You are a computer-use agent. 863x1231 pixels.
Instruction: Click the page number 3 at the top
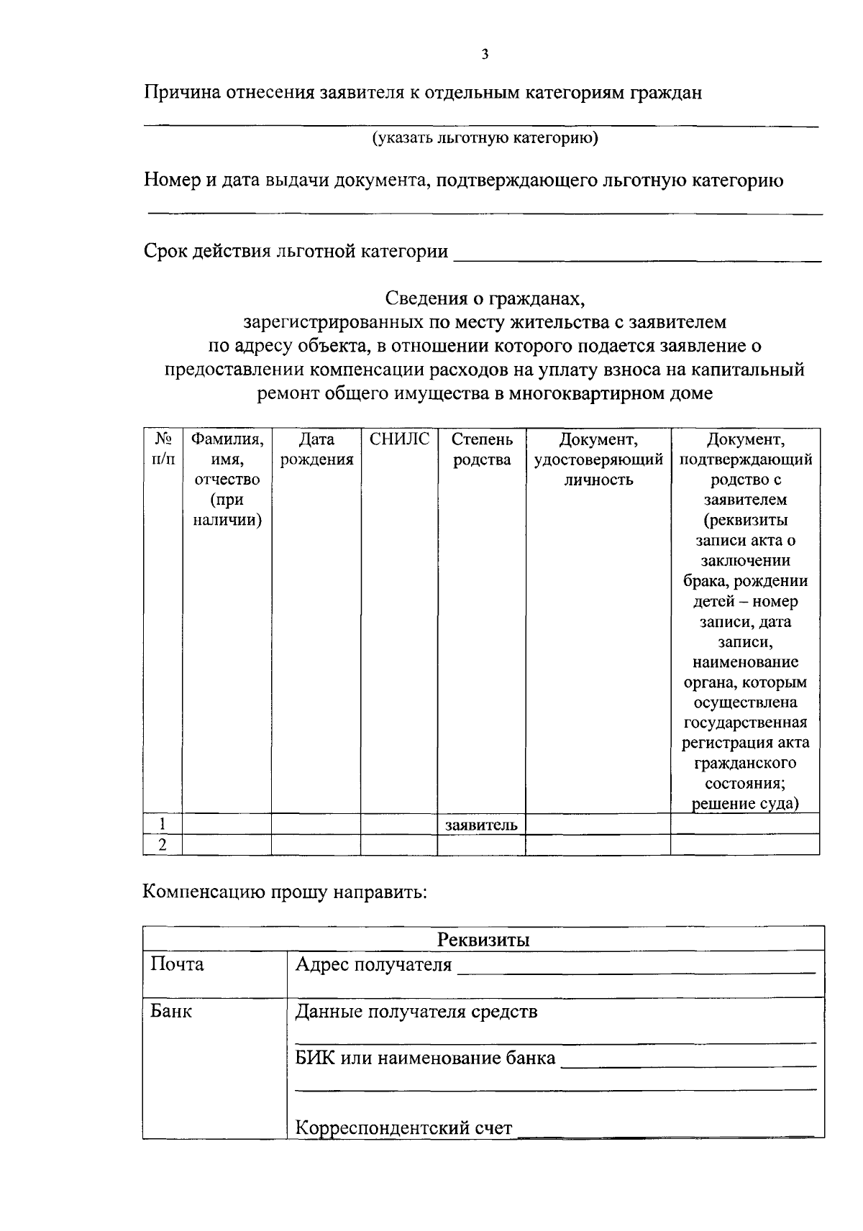pyautogui.click(x=485, y=54)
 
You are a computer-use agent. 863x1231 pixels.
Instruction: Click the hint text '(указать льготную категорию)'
pyautogui.click(x=485, y=138)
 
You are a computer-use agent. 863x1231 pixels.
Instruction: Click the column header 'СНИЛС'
pyautogui.click(x=399, y=439)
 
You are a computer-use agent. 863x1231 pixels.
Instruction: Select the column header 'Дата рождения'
pyautogui.click(x=316, y=449)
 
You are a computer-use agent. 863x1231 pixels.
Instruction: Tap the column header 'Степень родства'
pyautogui.click(x=482, y=449)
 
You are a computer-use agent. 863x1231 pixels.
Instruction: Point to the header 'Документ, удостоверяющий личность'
pyautogui.click(x=598, y=459)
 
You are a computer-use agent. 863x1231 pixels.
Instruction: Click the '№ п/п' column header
pyautogui.click(x=163, y=449)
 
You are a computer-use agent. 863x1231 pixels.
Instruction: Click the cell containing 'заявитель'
pyautogui.click(x=481, y=825)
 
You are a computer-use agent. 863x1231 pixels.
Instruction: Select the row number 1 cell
pyautogui.click(x=163, y=824)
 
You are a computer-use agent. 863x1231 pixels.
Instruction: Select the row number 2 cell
pyautogui.click(x=163, y=845)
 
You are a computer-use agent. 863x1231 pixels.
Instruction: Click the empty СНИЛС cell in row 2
pyautogui.click(x=398, y=845)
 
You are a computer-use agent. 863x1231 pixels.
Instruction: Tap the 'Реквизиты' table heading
pyautogui.click(x=483, y=939)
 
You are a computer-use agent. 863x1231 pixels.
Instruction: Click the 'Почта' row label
pyautogui.click(x=177, y=964)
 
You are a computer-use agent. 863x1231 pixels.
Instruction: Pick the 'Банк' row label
pyautogui.click(x=171, y=1012)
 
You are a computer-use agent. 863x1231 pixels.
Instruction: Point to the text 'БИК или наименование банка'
pyautogui.click(x=425, y=1058)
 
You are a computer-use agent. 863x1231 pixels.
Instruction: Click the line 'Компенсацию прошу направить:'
pyautogui.click(x=285, y=892)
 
